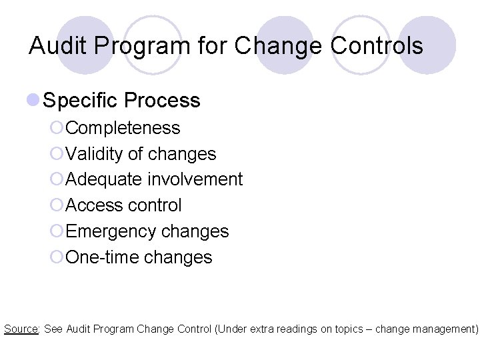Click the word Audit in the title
coord(55,45)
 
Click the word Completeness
coord(123,128)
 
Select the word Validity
coord(94,154)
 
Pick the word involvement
coord(195,179)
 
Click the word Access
coord(95,205)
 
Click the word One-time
coord(104,257)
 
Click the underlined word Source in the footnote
coord(21,329)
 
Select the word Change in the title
coord(280,46)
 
